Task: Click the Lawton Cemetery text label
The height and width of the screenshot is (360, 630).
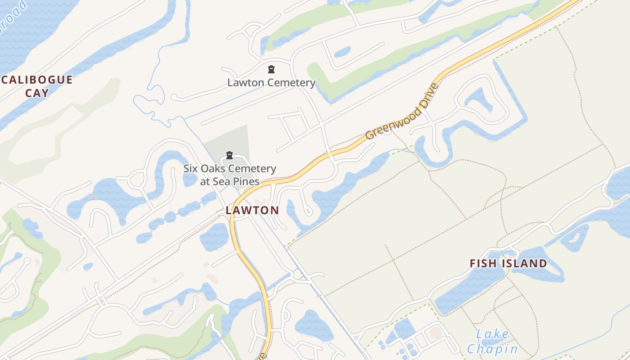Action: pyautogui.click(x=271, y=83)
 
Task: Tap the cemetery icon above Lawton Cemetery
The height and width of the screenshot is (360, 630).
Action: pyautogui.click(x=271, y=69)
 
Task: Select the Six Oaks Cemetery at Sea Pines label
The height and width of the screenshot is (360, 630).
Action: pyautogui.click(x=229, y=175)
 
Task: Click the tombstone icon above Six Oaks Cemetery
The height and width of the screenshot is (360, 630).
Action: pyautogui.click(x=229, y=156)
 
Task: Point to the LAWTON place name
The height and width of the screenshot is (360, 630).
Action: pyautogui.click(x=252, y=210)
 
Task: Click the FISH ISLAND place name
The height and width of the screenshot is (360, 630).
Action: pyautogui.click(x=508, y=264)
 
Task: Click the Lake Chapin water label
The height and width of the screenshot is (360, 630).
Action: pyautogui.click(x=492, y=342)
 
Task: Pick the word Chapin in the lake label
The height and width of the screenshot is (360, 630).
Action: pyautogui.click(x=492, y=349)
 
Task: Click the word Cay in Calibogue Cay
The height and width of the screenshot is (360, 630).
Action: pyautogui.click(x=37, y=93)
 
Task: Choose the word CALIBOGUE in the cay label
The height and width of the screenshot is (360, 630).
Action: pyautogui.click(x=37, y=80)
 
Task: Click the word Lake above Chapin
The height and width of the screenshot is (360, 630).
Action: pyautogui.click(x=492, y=334)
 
